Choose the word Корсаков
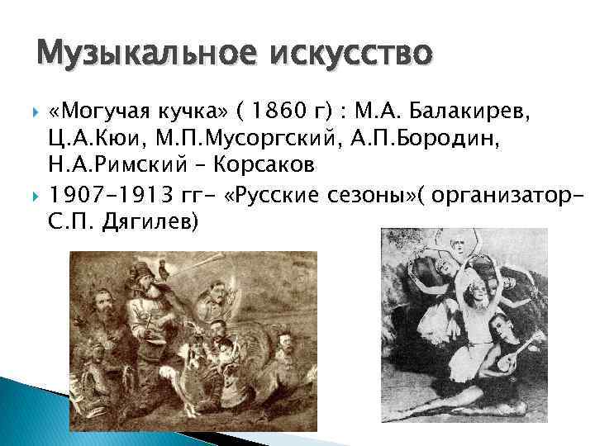(264, 164)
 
